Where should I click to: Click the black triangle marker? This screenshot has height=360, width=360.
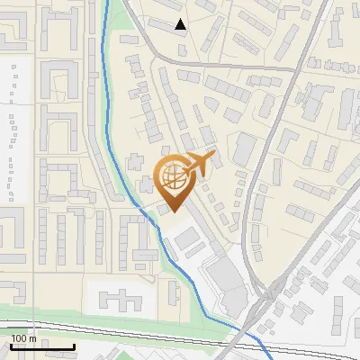coord(181,24)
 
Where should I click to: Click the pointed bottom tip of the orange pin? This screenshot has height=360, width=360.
coord(174,211)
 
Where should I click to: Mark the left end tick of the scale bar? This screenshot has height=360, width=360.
coord(12,346)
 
